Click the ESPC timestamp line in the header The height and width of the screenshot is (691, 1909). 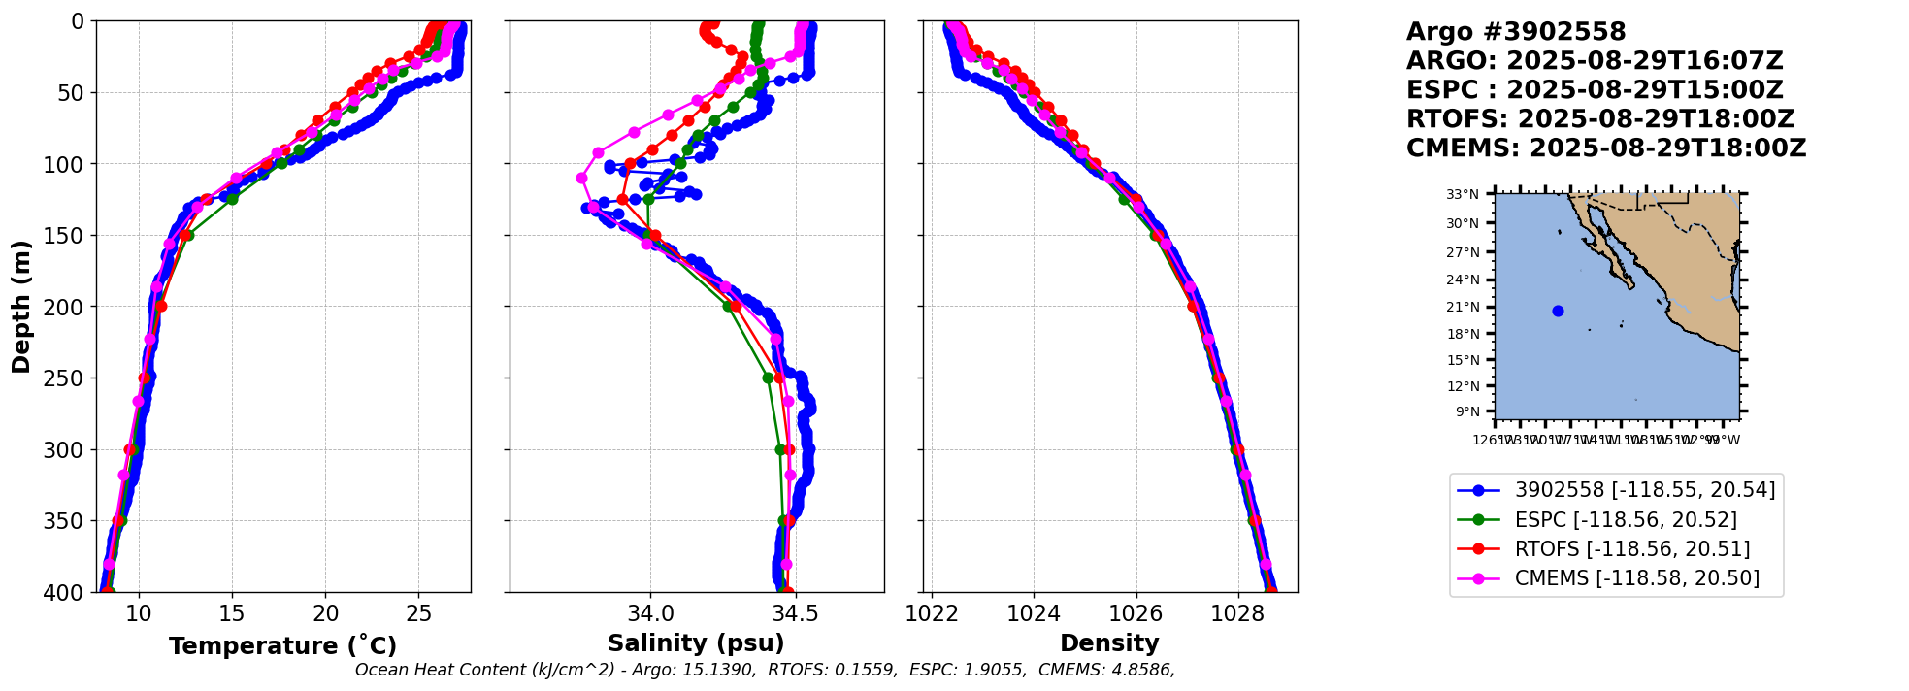pos(1595,90)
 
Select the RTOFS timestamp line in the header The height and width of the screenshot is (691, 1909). pos(1600,119)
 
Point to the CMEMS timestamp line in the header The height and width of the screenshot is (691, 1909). pos(1606,148)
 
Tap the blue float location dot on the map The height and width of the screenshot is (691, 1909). pos(1558,311)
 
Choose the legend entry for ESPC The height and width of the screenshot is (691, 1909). pos(1626,520)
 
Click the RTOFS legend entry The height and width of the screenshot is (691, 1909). pos(1631,549)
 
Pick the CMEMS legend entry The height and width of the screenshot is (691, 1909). pos(1636,578)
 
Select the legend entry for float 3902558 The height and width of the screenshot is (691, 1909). pos(1644,490)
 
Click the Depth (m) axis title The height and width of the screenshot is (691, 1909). pos(21,307)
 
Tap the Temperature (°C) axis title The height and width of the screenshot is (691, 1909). pos(282,646)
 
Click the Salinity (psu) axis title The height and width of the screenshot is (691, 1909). pos(696,643)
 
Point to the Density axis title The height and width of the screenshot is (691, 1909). pos(1109,643)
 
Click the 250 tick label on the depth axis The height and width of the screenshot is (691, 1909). pos(69,378)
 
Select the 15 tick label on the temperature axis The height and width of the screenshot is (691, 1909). pos(232,613)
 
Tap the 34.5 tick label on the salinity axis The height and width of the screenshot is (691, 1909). pos(794,613)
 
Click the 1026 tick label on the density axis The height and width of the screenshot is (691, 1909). pos(1136,613)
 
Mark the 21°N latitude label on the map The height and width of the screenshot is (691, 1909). pos(1463,308)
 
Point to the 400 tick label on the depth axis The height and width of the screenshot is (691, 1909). pos(69,593)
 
